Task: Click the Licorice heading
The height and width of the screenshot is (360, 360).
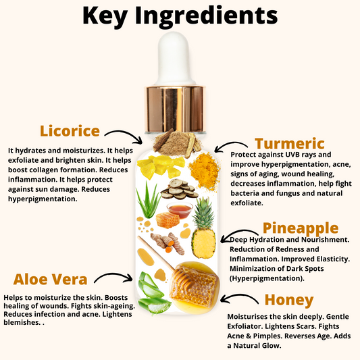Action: [70, 130]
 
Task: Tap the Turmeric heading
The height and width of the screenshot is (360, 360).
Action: [289, 143]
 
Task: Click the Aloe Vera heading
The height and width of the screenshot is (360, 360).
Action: [51, 278]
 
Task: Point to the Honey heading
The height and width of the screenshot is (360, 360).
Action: [288, 299]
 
